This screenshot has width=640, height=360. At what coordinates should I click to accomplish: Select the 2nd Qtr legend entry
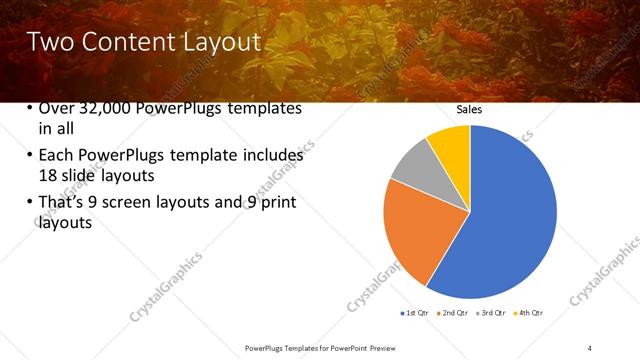pos(457,313)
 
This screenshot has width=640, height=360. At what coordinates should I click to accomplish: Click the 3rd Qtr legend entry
pos(492,313)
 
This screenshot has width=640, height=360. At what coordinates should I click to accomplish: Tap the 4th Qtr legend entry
pos(529,313)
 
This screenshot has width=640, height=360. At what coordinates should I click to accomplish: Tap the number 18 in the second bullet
pos(47,175)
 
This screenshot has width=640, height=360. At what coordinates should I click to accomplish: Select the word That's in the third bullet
pos(63,203)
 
